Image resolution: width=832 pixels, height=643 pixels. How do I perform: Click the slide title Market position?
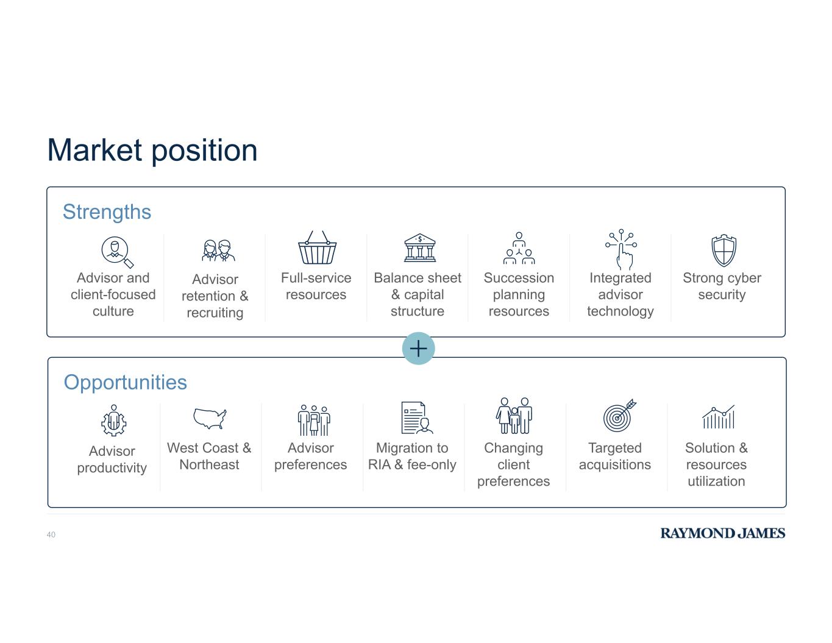(152, 151)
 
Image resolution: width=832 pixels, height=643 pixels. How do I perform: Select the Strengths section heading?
(107, 212)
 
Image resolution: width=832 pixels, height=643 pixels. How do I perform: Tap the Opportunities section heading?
(125, 382)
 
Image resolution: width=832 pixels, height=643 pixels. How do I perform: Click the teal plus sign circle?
(418, 348)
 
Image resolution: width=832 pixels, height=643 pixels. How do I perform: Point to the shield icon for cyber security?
(724, 250)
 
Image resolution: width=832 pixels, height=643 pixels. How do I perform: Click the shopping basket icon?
(317, 247)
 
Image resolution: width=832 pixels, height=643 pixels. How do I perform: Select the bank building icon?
(419, 248)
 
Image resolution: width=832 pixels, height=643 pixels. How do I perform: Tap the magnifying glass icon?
(117, 252)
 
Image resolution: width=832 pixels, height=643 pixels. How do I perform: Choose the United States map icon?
(210, 419)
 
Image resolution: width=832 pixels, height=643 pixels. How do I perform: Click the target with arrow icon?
(619, 416)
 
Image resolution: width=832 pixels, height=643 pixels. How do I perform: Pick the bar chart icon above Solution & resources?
(718, 417)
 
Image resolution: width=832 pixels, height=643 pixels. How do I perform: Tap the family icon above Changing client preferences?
(514, 416)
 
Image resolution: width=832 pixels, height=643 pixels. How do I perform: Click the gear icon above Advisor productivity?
(114, 421)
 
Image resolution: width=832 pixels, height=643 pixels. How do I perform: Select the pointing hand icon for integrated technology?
(622, 249)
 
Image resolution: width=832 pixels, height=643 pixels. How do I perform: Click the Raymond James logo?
(722, 533)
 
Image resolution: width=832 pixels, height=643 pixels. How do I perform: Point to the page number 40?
(51, 535)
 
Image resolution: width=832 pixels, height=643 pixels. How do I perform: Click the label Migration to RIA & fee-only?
(412, 456)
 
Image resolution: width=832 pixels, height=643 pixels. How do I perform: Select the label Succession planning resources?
(519, 294)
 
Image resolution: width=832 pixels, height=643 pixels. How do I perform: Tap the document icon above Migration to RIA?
(416, 417)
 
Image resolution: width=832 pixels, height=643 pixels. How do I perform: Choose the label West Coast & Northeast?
(209, 456)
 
